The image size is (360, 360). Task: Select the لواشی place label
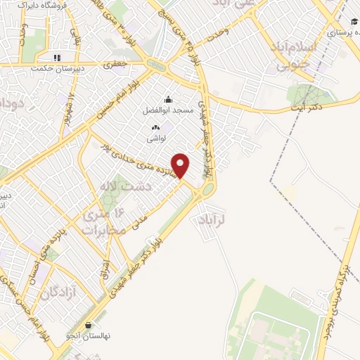[155, 139]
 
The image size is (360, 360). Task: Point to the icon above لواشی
[155, 128]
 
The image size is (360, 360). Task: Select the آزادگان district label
[60, 291]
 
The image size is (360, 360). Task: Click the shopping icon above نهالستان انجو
[89, 326]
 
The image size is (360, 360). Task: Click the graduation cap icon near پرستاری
[349, 20]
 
